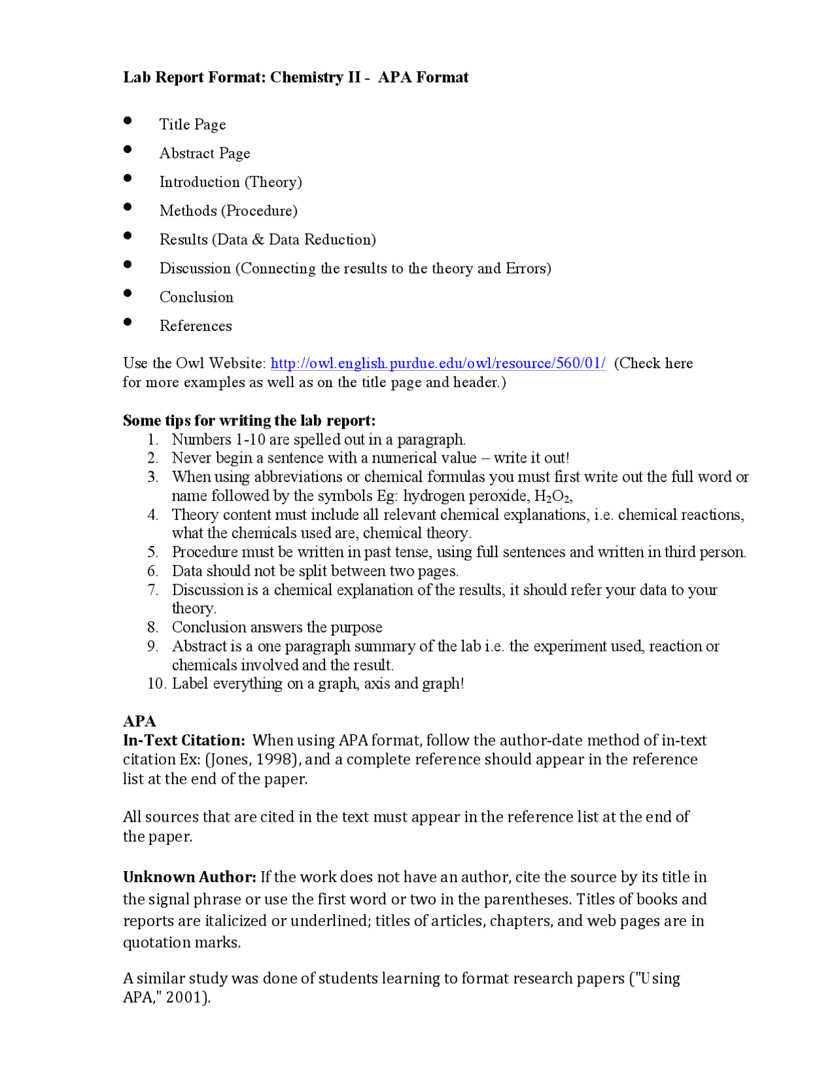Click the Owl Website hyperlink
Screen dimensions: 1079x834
[438, 364]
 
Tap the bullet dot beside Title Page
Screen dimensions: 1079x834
[128, 121]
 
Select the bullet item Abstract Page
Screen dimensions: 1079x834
[205, 154]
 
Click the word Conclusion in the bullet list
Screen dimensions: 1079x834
[196, 297]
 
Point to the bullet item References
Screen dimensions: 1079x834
[195, 326]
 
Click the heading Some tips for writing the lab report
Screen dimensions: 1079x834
[249, 420]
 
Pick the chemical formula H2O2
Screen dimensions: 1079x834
[553, 496]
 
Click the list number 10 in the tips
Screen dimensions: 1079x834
[156, 683]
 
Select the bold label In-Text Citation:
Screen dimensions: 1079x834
[184, 740]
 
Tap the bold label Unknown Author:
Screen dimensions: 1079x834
[190, 877]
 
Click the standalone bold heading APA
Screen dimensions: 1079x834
[139, 721]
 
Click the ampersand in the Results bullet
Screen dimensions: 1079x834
[258, 240]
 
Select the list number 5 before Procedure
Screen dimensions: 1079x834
[152, 553]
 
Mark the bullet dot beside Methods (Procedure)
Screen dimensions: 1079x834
[128, 207]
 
